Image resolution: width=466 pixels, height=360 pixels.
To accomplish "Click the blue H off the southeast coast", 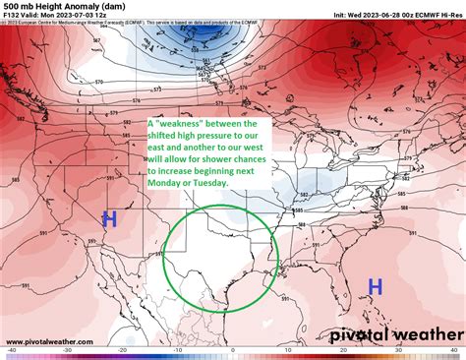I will point(375,286).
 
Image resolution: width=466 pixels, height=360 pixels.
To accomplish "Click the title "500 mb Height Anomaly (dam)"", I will point(58,6).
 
